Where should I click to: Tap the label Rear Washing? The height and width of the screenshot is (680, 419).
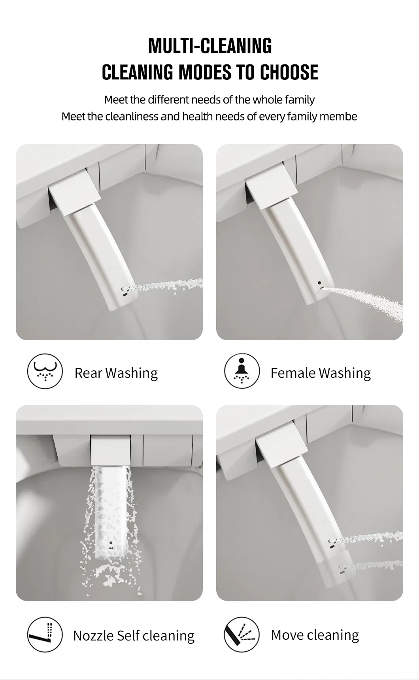(116, 373)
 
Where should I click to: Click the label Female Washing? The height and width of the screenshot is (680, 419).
(321, 373)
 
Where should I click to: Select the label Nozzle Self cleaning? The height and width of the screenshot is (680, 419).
(134, 636)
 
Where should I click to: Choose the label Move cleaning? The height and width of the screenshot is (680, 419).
(315, 635)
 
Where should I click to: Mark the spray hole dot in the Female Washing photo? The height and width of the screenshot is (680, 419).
(319, 283)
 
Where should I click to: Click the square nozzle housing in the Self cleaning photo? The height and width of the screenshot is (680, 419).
(110, 450)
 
